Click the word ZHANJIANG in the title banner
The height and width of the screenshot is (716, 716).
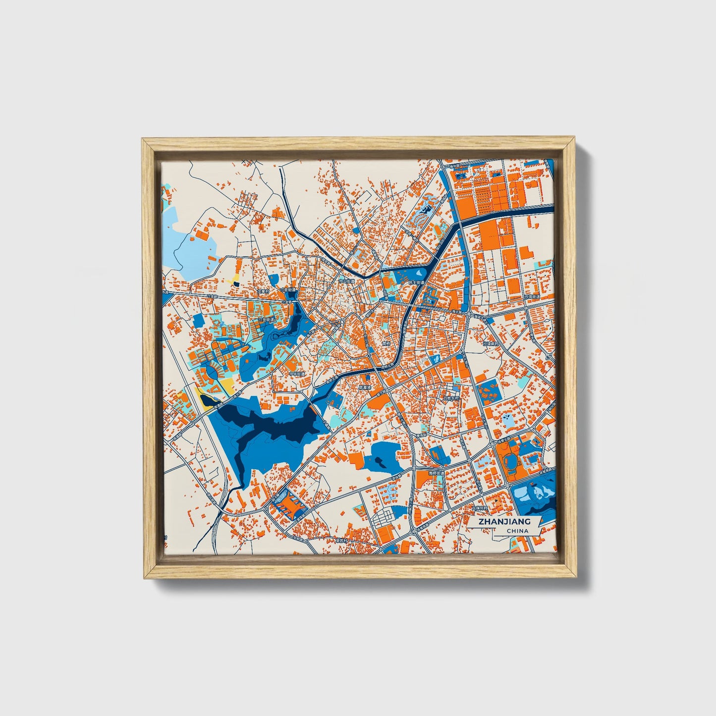pos(504,521)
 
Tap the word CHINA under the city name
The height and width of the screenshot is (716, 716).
pos(517,531)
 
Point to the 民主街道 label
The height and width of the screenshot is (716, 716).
pos(417,282)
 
